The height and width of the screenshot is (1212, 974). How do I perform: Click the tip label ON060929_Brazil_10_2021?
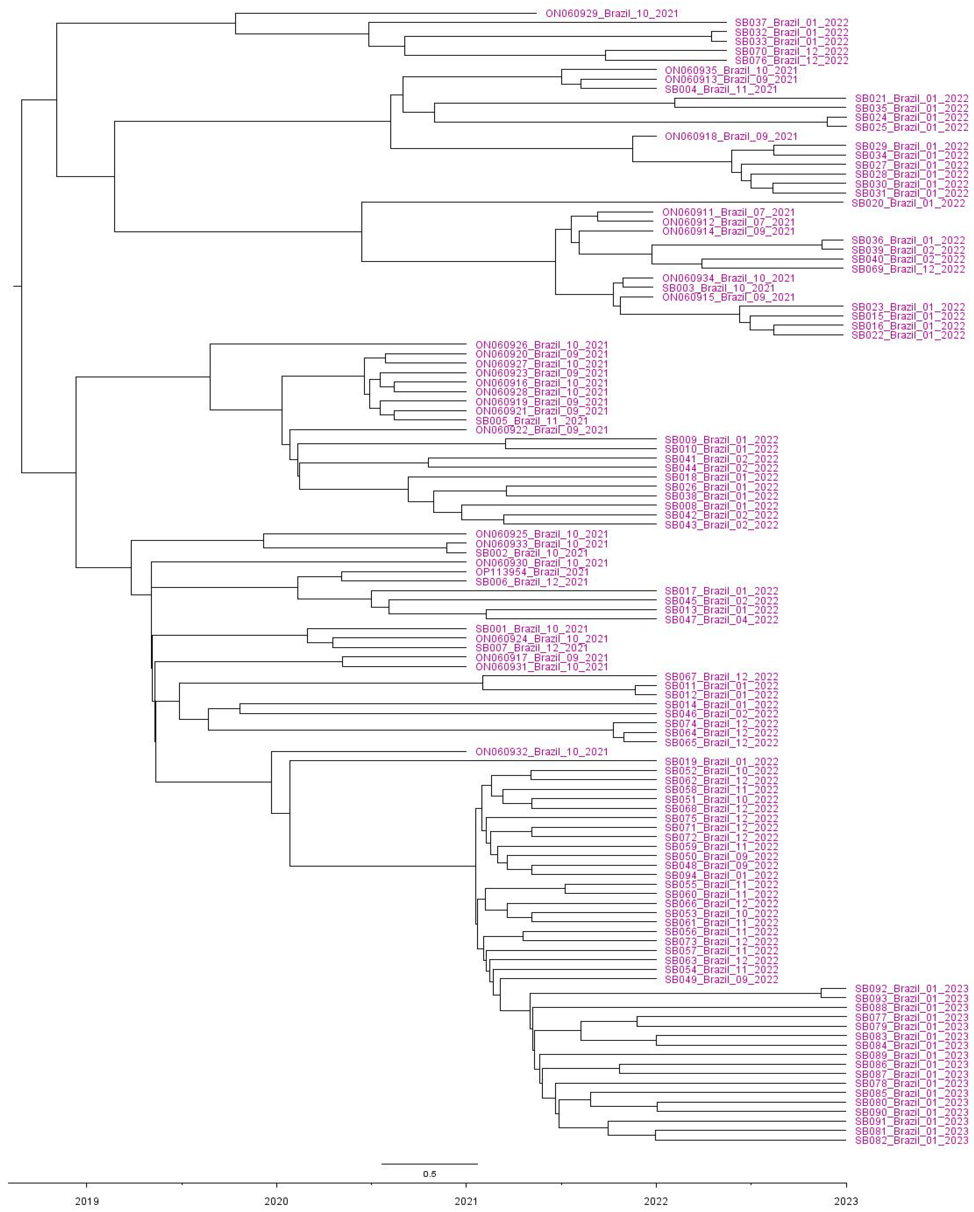click(x=611, y=13)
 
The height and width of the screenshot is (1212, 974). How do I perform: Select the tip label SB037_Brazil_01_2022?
click(x=791, y=23)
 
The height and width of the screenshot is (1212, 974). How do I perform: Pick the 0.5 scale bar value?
click(x=429, y=1174)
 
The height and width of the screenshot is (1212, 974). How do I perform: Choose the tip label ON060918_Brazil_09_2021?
click(x=731, y=137)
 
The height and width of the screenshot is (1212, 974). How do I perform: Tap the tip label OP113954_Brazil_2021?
click(x=532, y=572)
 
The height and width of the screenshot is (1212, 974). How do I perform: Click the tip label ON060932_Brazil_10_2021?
click(x=541, y=752)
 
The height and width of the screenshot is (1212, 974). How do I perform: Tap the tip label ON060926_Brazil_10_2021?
click(x=541, y=345)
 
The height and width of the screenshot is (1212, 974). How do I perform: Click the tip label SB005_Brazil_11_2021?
click(x=532, y=420)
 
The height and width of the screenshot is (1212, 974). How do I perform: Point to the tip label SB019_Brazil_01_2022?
click(x=721, y=762)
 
